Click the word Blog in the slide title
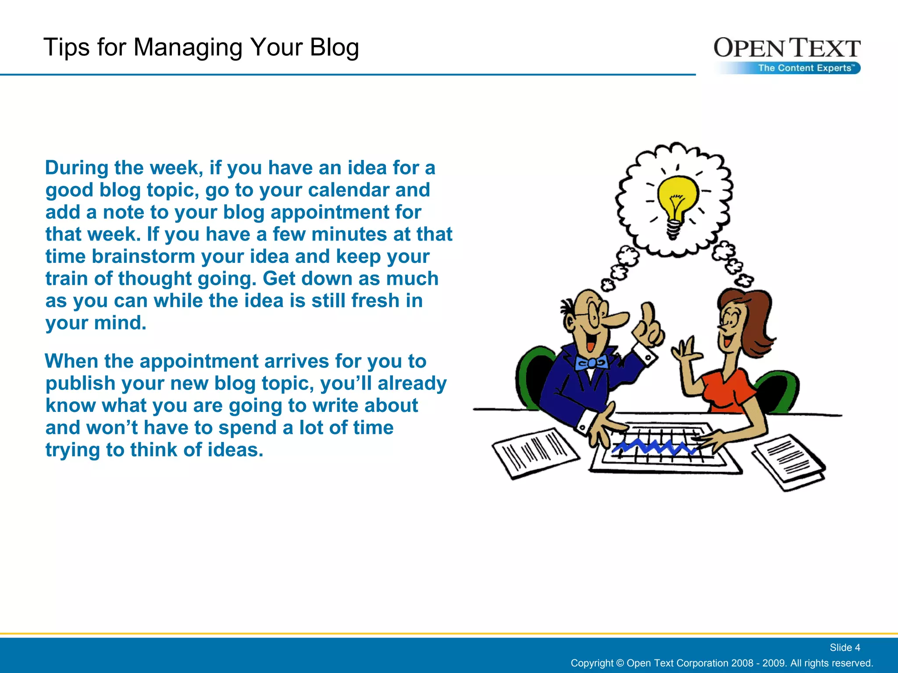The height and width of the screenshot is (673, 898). point(334,47)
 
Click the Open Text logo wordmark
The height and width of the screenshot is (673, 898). point(787,48)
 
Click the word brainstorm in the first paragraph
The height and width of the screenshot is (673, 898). point(143,257)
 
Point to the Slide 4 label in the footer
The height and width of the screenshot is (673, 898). point(845,648)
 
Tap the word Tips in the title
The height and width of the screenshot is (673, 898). point(66,47)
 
